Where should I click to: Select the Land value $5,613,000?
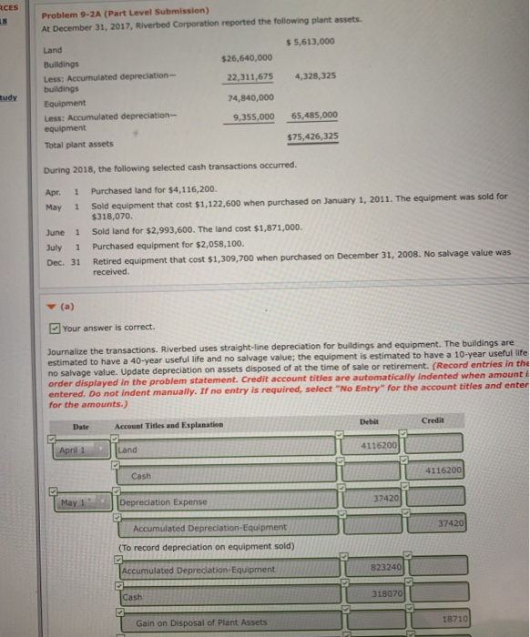[311, 43]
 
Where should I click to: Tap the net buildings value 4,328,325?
[316, 77]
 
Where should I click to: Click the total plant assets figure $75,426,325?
[312, 136]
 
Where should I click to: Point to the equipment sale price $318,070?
[114, 218]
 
